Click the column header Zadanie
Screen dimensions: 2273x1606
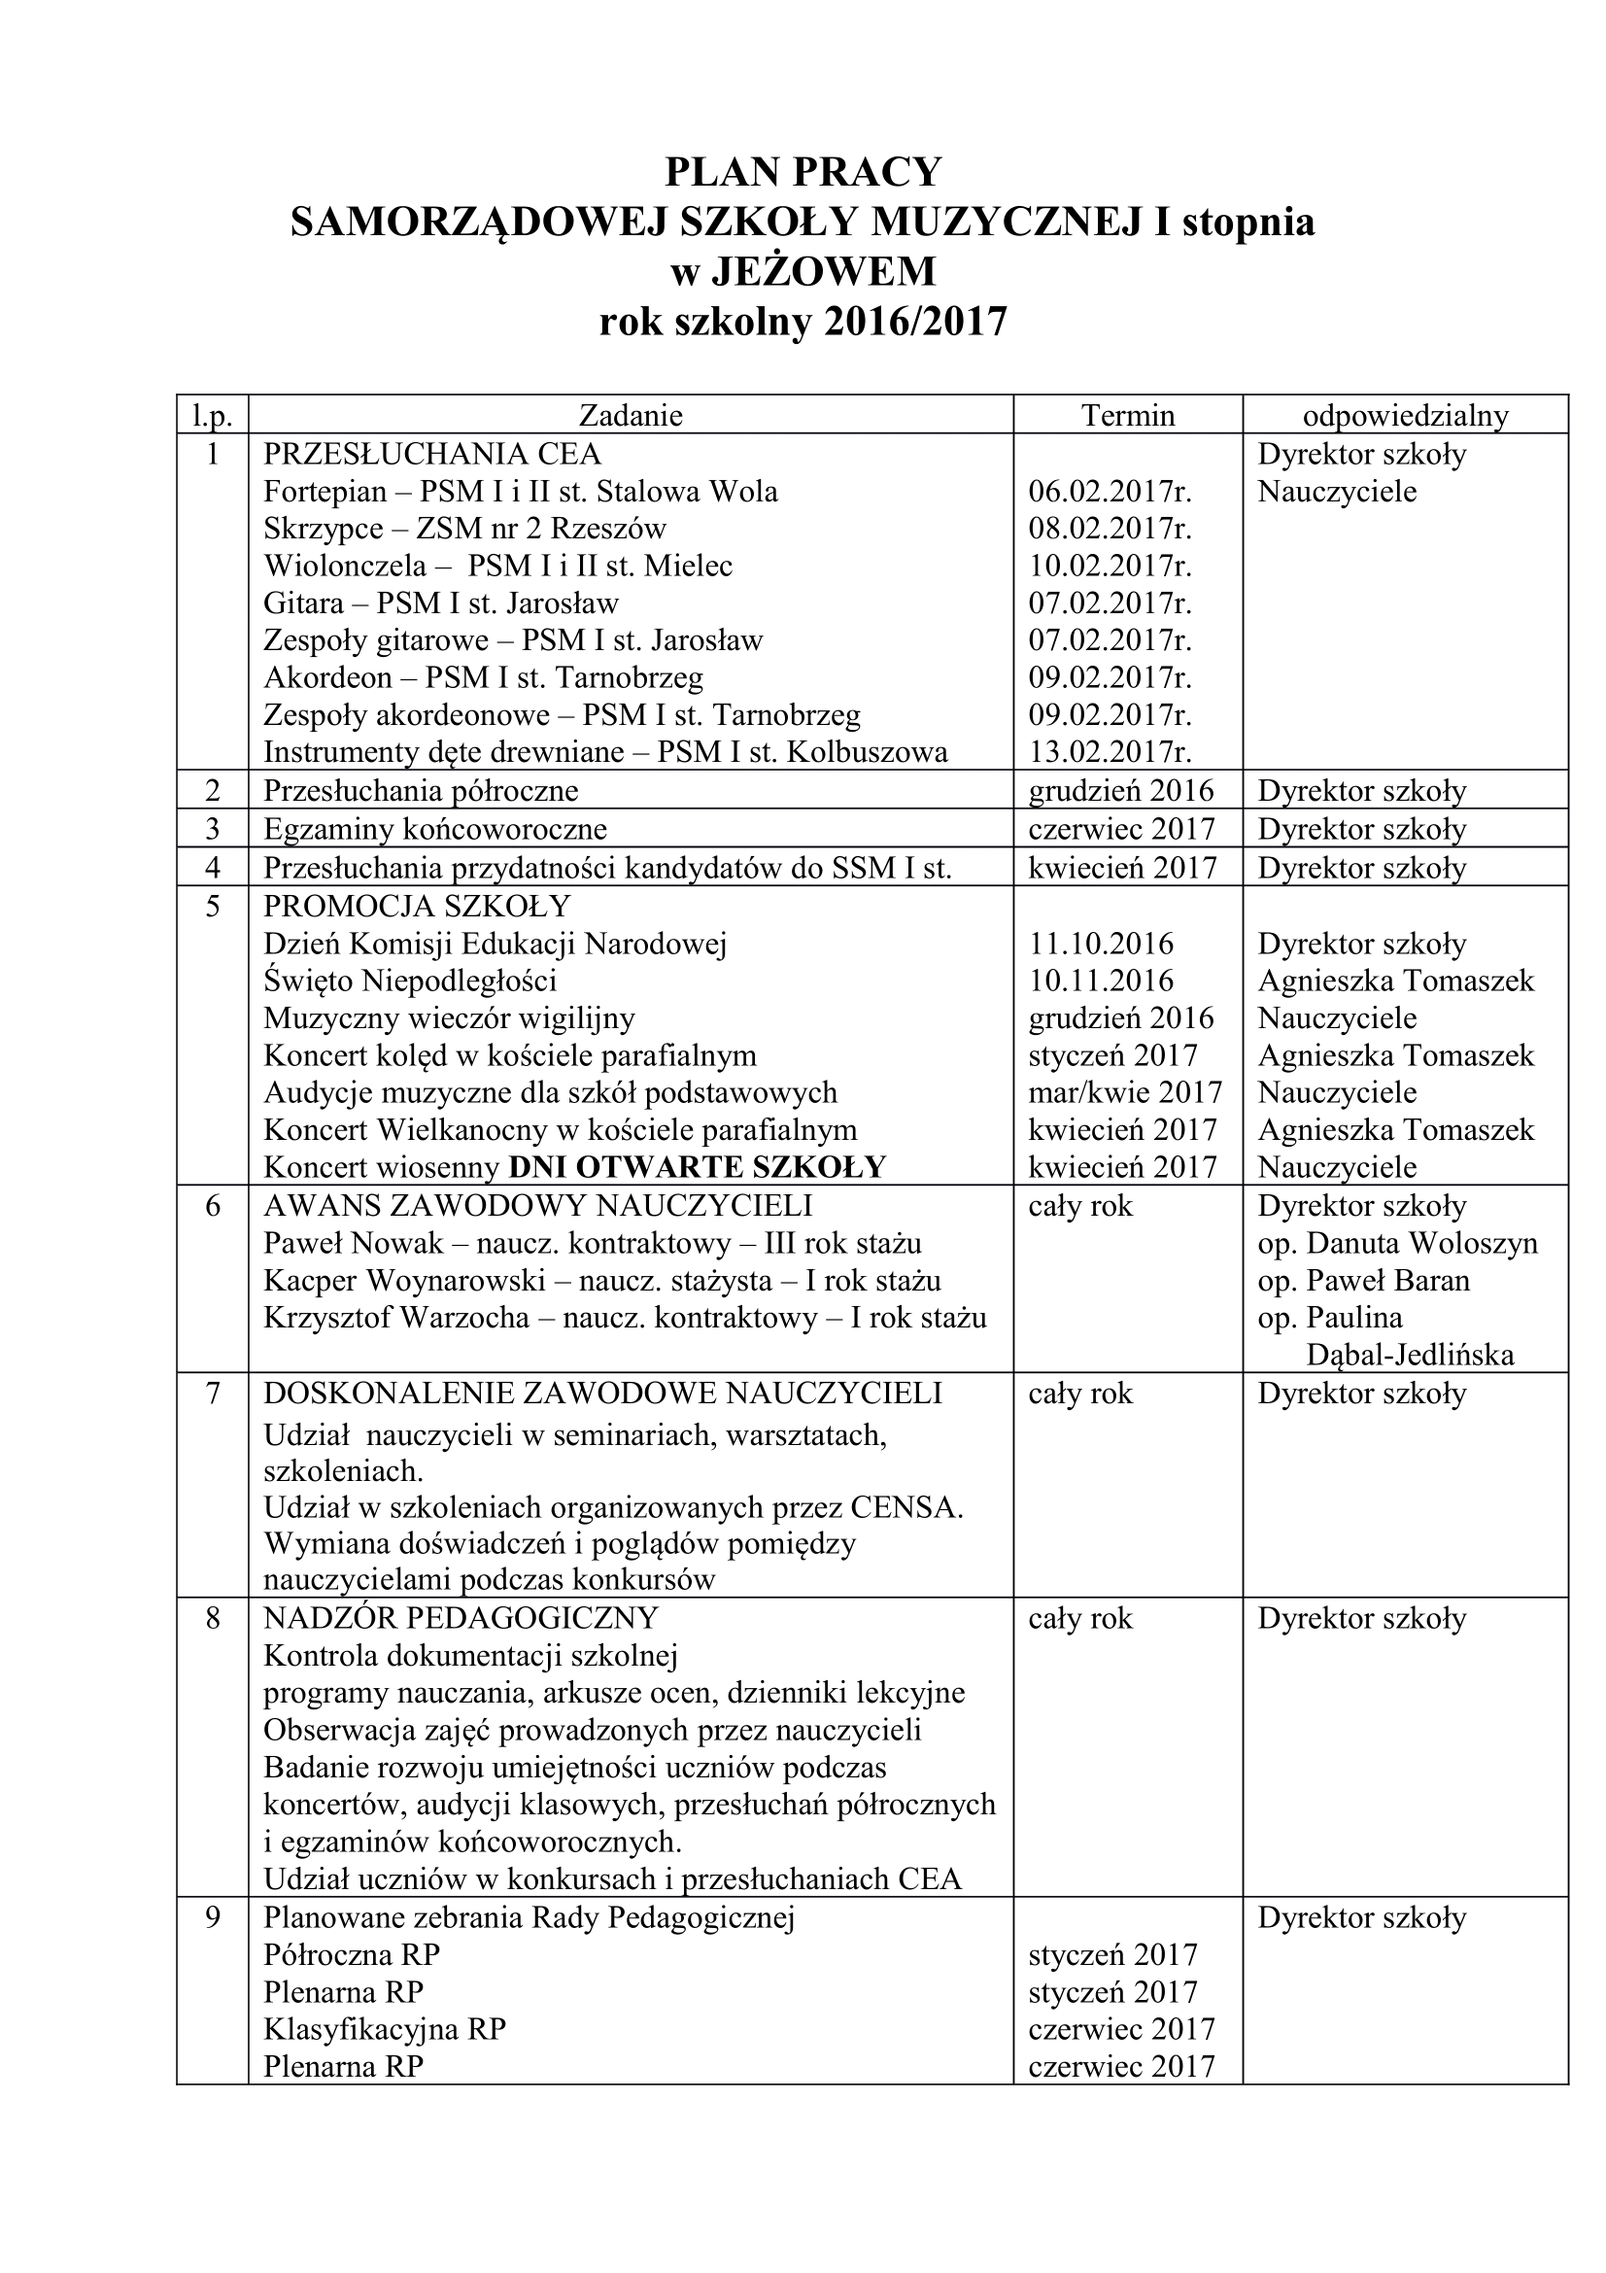tap(631, 415)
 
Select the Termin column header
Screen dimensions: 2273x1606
tap(1127, 415)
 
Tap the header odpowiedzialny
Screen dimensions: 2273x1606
tap(1405, 415)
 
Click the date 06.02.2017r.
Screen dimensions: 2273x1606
tap(1110, 492)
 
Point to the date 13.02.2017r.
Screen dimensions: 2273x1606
tap(1110, 752)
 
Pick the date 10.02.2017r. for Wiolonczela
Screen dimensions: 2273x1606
tap(1110, 567)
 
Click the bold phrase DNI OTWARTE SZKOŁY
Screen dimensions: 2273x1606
tap(697, 1167)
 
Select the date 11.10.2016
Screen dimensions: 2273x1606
tap(1101, 945)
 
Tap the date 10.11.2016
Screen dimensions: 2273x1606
tap(1101, 982)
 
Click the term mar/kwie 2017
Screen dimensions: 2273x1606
tap(1125, 1093)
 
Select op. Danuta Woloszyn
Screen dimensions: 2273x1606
tap(1397, 1244)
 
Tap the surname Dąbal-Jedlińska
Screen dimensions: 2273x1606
tap(1410, 1356)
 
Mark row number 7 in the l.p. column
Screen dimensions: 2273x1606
tap(212, 1394)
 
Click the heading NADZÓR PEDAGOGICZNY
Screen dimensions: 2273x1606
tap(461, 1619)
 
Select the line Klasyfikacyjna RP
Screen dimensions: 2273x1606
tap(384, 2029)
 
